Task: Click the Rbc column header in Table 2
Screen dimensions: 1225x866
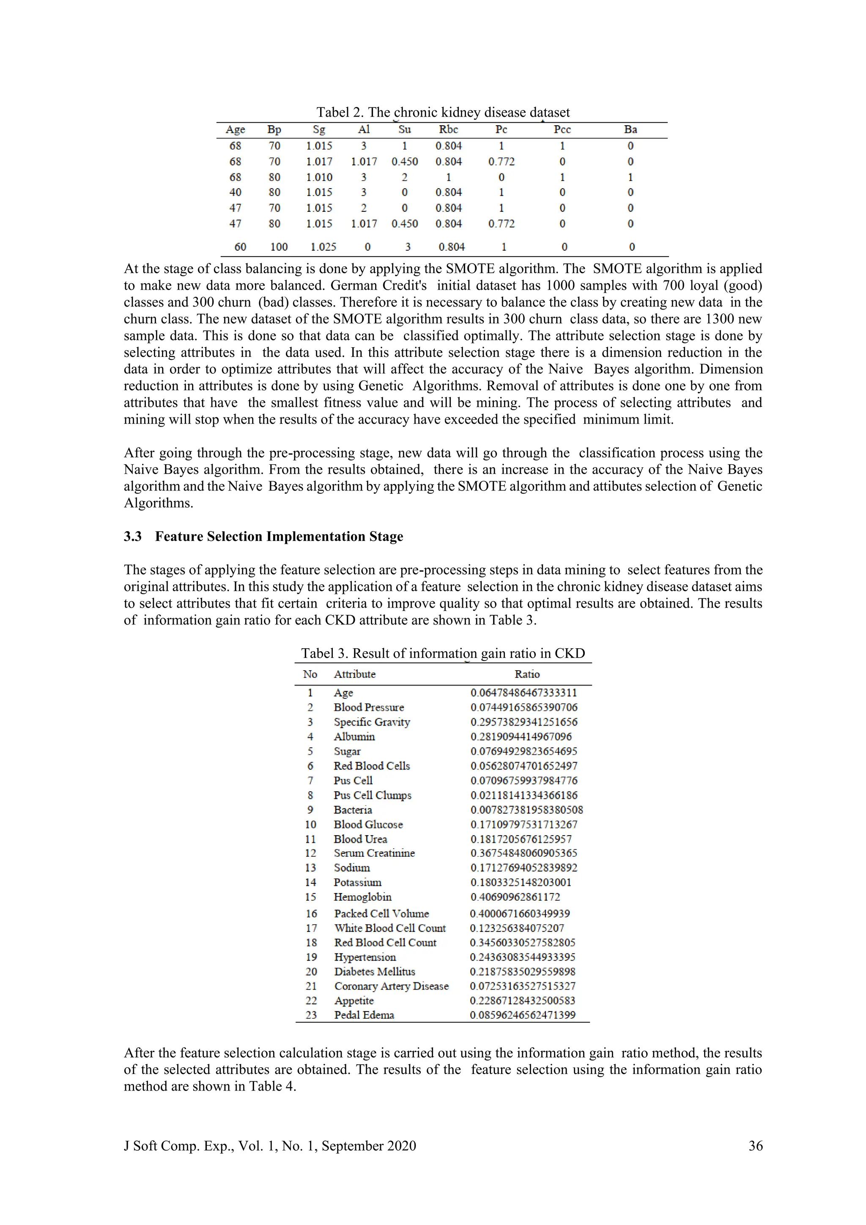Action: pyautogui.click(x=448, y=130)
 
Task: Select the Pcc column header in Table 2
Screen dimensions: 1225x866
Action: pyautogui.click(x=562, y=130)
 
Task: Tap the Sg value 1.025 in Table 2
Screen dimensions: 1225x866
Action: pyautogui.click(x=323, y=247)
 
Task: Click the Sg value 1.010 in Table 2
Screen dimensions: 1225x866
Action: pyautogui.click(x=319, y=177)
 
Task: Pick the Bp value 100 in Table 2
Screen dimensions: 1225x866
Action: pyautogui.click(x=279, y=247)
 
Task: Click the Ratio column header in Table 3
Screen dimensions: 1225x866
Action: pyautogui.click(x=526, y=674)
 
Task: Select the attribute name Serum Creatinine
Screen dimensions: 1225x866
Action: pyautogui.click(x=374, y=853)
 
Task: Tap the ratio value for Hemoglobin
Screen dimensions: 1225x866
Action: pyautogui.click(x=515, y=897)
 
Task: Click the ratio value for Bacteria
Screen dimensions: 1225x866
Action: pyautogui.click(x=526, y=810)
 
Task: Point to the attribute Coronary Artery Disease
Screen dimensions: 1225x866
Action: pyautogui.click(x=391, y=986)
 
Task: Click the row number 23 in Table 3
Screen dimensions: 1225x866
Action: pyautogui.click(x=311, y=1015)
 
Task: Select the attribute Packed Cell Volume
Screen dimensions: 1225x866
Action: pyautogui.click(x=381, y=913)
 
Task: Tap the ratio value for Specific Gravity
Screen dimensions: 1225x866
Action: pyautogui.click(x=523, y=722)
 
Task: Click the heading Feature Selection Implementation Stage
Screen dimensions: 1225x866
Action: pyautogui.click(x=279, y=536)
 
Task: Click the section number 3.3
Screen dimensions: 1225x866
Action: pyautogui.click(x=133, y=536)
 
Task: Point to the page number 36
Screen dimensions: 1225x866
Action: pyautogui.click(x=755, y=1146)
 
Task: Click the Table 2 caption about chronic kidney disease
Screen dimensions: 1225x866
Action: pyautogui.click(x=443, y=112)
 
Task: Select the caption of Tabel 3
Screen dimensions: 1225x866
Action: pyautogui.click(x=443, y=654)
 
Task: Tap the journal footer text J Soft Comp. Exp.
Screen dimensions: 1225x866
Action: pyautogui.click(x=269, y=1146)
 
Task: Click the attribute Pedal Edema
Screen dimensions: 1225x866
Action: pyautogui.click(x=364, y=1015)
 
